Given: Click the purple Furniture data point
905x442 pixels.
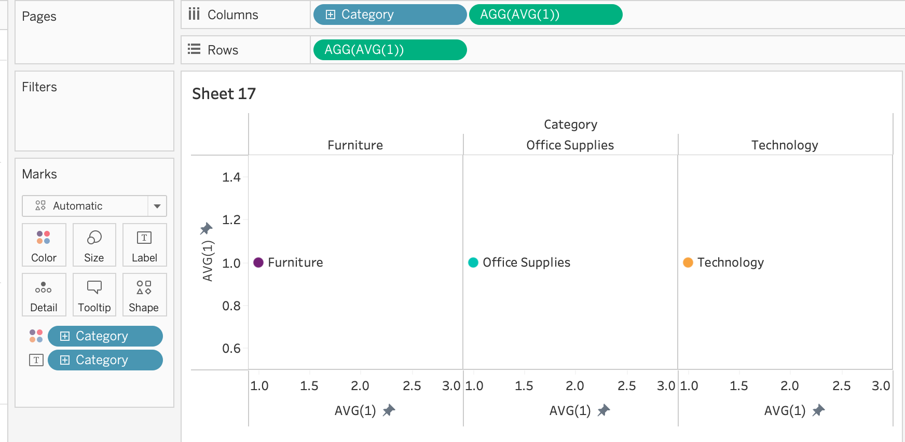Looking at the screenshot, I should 258,263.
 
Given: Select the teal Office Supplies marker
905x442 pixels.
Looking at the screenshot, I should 473,263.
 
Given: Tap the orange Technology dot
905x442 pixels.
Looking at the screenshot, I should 688,263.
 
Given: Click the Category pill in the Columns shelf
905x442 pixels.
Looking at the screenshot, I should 389,15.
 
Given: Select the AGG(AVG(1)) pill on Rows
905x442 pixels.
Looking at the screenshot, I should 390,50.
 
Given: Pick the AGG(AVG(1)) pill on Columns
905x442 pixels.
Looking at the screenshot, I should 545,15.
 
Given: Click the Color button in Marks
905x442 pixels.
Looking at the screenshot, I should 44,245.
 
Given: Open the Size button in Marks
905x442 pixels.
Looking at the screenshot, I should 94,245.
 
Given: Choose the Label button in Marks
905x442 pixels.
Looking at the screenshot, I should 144,245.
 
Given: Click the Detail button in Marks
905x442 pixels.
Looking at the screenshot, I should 44,295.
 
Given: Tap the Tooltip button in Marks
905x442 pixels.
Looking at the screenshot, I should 94,295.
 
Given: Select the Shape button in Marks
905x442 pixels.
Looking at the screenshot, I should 144,295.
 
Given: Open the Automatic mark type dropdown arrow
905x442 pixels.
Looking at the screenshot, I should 157,206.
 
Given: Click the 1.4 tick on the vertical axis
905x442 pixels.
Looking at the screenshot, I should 231,177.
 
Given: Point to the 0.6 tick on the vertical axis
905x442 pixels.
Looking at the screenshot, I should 231,349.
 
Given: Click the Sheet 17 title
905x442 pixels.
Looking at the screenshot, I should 224,94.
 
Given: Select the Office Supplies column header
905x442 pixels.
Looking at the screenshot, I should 570,145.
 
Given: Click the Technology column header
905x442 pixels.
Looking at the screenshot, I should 785,145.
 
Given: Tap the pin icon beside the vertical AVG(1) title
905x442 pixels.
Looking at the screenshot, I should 207,228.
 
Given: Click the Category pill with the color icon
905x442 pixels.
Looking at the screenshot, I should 105,336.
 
